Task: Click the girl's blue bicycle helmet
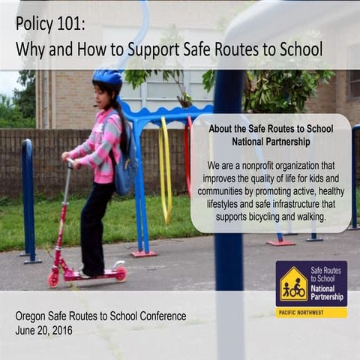click(107, 77)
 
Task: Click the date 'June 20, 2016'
click(43, 329)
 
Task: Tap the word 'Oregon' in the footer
click(33, 316)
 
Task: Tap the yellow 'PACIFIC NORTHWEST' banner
click(311, 311)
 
